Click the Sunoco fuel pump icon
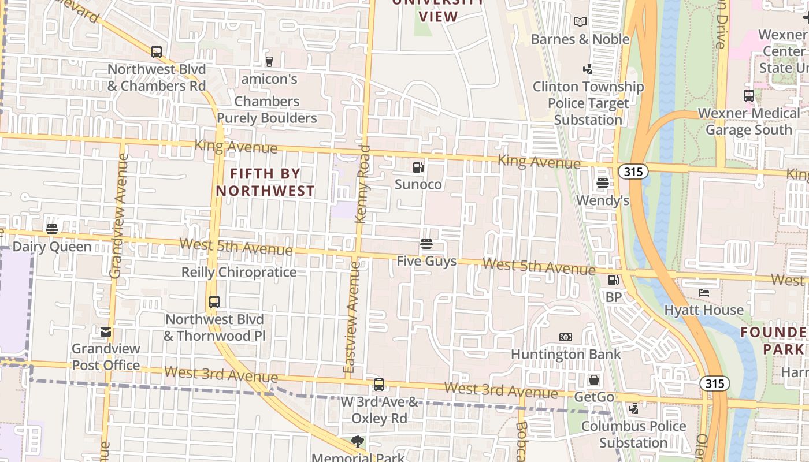point(418,167)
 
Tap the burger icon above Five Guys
point(426,244)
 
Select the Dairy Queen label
point(52,247)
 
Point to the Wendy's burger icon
point(603,183)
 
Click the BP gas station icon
point(613,280)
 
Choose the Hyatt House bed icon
point(703,293)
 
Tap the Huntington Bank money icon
point(566,337)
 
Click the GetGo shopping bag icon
point(593,380)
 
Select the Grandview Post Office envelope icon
point(106,332)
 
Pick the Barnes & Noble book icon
point(580,22)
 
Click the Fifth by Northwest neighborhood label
point(266,182)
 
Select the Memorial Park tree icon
point(358,442)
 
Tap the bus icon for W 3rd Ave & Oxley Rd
point(379,384)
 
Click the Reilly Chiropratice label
point(239,272)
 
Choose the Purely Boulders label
point(267,118)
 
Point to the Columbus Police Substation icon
point(634,409)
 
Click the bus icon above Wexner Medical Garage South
point(749,96)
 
